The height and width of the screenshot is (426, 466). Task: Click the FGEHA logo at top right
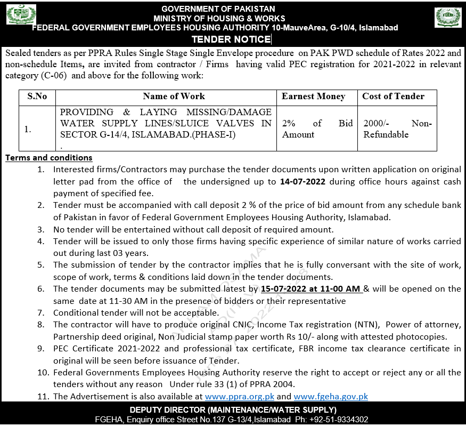pos(448,17)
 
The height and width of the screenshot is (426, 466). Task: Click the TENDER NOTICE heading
pos(231,39)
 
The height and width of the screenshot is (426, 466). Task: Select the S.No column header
pos(37,97)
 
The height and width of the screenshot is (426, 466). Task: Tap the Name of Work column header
pos(174,97)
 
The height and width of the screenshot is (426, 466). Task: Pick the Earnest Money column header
pos(313,97)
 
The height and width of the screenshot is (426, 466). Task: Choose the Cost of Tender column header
pos(393,97)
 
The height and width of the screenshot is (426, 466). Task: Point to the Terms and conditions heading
pos(49,158)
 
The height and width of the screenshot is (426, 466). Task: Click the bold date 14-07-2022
pos(302,181)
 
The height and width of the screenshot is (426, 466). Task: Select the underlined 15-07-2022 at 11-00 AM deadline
pos(312,289)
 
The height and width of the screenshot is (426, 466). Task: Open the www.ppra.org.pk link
pos(240,397)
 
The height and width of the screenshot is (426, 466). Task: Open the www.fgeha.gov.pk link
pos(331,397)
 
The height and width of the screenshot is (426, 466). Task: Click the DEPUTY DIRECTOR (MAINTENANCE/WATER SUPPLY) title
pos(233,409)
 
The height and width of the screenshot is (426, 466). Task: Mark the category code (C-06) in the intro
pos(55,76)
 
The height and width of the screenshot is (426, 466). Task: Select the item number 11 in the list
pos(43,397)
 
